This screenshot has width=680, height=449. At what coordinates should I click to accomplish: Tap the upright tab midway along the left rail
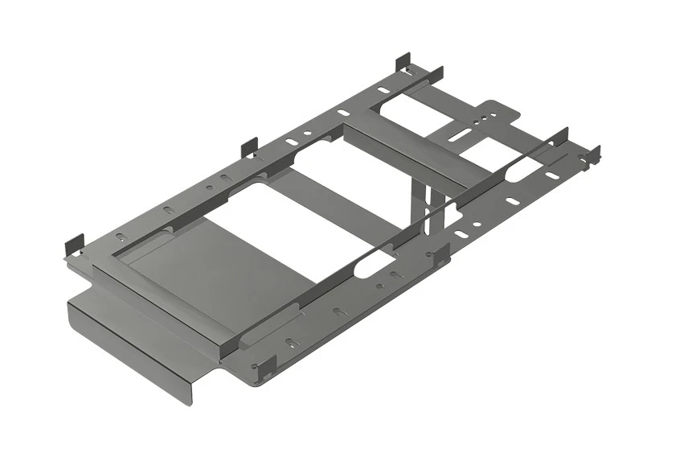pyautogui.click(x=249, y=147)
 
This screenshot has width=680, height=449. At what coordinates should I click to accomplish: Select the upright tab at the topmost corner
pyautogui.click(x=403, y=62)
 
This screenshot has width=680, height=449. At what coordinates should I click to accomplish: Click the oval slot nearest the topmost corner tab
pyautogui.click(x=383, y=90)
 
